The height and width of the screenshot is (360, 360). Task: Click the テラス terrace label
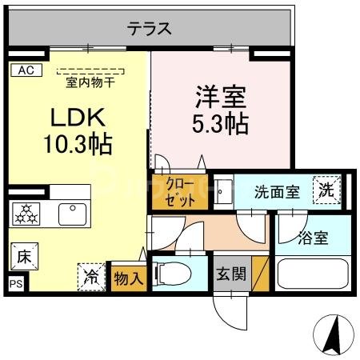149,28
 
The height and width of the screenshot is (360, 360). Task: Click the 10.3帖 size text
77,145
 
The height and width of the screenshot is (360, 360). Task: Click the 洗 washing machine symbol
326,190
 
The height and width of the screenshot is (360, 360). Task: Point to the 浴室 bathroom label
311,238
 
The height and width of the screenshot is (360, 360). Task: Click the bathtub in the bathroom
312,273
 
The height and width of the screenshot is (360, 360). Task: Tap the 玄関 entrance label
229,274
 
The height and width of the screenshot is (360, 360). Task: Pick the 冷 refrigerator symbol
92,276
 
